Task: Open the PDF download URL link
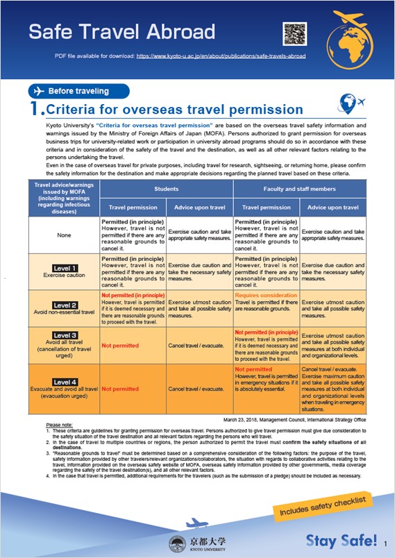tap(221, 55)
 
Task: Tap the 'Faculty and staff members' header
tap(299, 168)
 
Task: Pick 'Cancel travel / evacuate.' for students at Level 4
tap(197, 389)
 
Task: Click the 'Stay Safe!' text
tap(342, 541)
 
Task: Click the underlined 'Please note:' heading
tap(58, 425)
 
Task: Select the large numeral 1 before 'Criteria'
tap(35, 109)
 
